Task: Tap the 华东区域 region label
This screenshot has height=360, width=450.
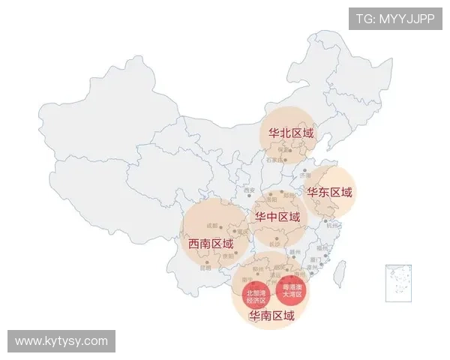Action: coord(329,192)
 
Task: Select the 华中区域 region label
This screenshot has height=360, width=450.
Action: coord(277,217)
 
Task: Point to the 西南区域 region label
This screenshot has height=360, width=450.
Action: coord(211,244)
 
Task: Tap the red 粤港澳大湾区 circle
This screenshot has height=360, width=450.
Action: coord(291,290)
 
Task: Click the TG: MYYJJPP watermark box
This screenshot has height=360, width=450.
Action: coord(395,18)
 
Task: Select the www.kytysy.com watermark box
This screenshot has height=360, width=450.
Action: coord(62,341)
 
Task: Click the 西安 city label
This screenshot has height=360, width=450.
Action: coord(250,190)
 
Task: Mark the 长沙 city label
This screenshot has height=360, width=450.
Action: coord(275,244)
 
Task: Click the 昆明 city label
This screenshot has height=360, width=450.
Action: coord(205,268)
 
